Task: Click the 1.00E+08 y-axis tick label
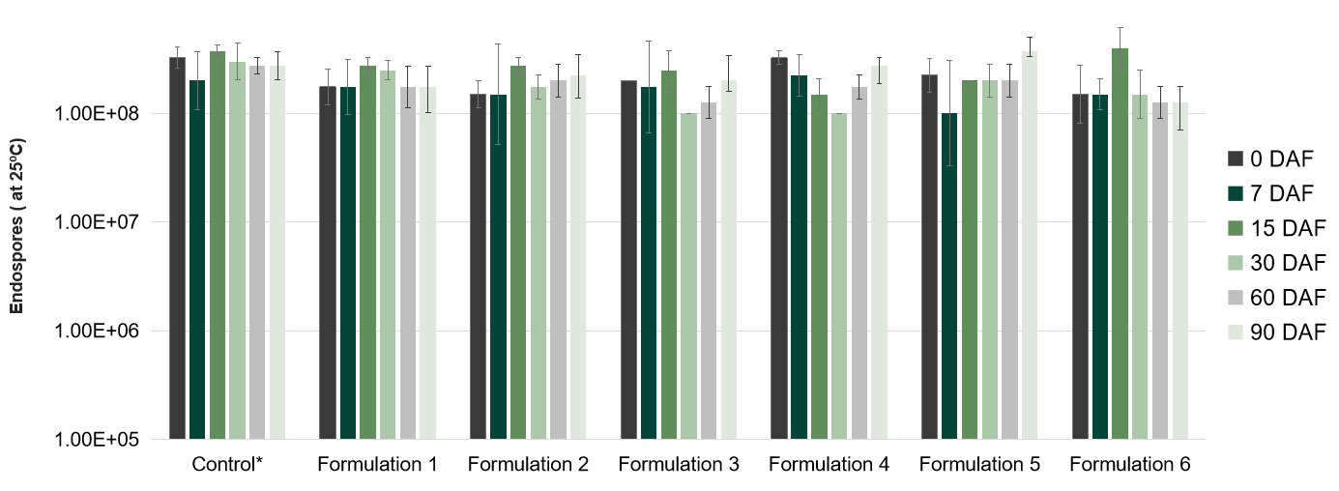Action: (x=100, y=114)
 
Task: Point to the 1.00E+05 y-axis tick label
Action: (x=100, y=440)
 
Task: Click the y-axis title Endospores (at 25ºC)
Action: (x=16, y=225)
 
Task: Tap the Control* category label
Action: (x=227, y=465)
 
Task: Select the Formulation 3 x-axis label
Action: (x=679, y=465)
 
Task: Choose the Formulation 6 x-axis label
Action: (x=1129, y=465)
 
